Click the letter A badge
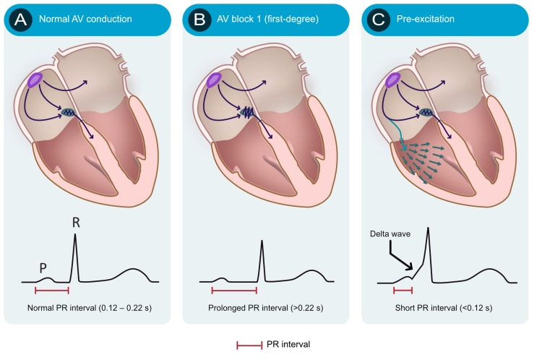point(21,20)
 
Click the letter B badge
point(199,20)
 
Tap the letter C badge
point(379,20)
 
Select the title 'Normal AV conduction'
point(85,19)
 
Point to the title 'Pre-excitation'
point(426,19)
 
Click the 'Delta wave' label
point(390,233)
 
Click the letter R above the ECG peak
point(76,223)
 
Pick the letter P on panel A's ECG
point(43,268)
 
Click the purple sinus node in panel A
point(35,80)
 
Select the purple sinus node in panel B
point(214,80)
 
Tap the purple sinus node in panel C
point(392,80)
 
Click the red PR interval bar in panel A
point(52,291)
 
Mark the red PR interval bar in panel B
point(234,291)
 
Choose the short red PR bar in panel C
point(403,291)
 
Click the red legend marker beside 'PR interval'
point(249,345)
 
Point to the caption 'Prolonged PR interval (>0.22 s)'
point(265,308)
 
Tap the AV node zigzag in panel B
point(247,112)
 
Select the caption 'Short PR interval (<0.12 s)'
point(444,308)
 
